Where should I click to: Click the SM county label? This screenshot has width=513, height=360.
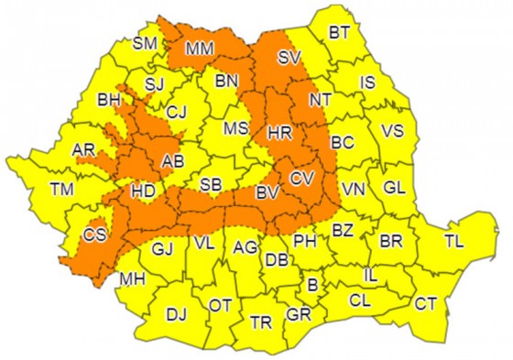(145, 43)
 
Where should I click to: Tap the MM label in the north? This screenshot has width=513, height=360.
(200, 49)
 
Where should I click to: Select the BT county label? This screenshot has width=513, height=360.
(339, 33)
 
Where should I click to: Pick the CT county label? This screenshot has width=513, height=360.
(425, 304)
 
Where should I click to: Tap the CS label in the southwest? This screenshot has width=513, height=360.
(94, 235)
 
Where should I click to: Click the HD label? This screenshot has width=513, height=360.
(143, 192)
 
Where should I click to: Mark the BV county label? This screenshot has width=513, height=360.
(267, 193)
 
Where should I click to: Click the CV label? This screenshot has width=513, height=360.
(300, 177)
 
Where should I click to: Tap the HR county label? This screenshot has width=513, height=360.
(279, 134)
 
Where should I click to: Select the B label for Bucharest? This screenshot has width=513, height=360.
(311, 287)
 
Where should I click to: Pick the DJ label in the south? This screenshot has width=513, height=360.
(176, 314)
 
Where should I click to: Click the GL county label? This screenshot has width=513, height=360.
(394, 188)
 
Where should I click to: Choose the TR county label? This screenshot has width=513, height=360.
(262, 322)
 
